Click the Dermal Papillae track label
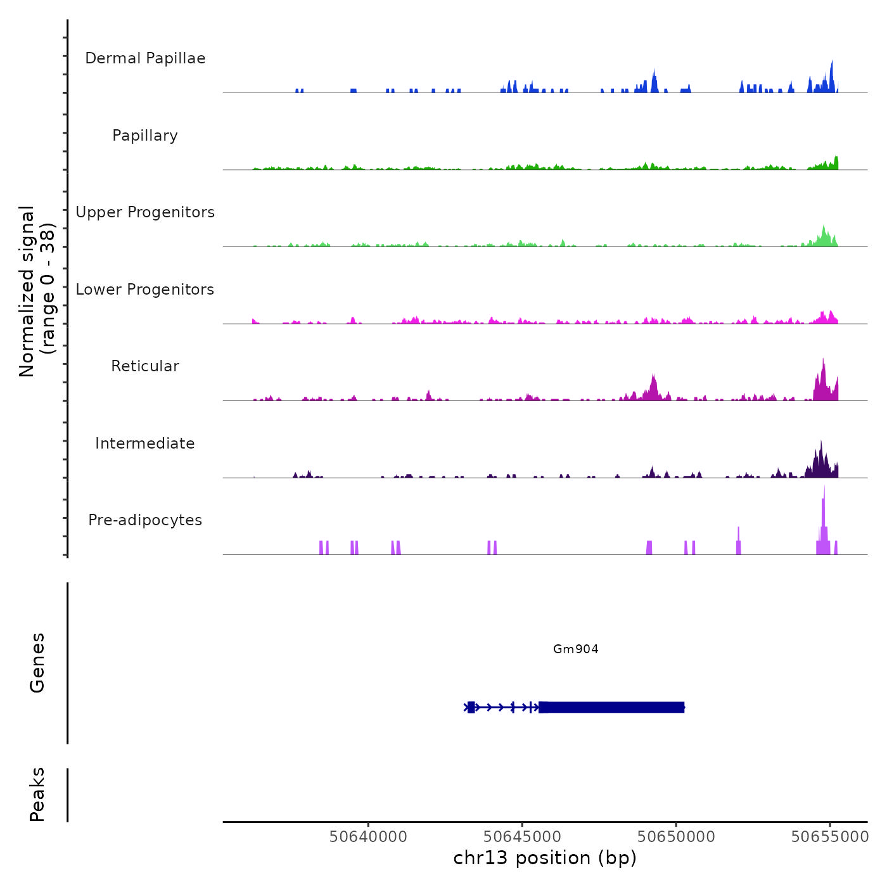click(145, 58)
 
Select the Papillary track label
click(145, 136)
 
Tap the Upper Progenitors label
click(145, 212)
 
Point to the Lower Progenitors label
click(145, 290)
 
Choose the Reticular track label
click(145, 366)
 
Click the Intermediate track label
click(145, 443)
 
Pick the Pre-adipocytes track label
click(145, 520)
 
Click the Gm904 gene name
click(575, 649)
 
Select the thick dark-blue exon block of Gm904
click(611, 707)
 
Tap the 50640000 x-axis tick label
click(368, 836)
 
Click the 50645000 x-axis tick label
click(523, 836)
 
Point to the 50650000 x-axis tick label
click(676, 836)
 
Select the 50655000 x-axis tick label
click(830, 836)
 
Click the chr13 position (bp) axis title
click(545, 858)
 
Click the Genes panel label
click(37, 663)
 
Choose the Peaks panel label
click(37, 794)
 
